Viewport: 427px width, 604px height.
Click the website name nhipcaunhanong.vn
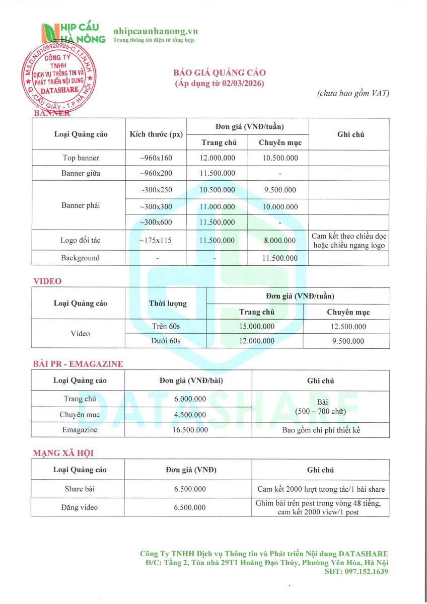(156, 31)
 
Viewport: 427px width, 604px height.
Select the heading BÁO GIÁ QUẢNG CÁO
(220, 73)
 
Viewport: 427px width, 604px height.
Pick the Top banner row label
(81, 158)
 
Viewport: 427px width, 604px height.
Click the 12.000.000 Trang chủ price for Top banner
(217, 158)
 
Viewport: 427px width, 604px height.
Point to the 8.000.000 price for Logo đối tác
(280, 241)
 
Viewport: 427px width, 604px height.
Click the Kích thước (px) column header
(156, 134)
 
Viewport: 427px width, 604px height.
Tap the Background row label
(81, 258)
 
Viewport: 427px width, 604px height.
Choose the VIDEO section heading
(47, 281)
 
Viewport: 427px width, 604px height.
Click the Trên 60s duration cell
(166, 326)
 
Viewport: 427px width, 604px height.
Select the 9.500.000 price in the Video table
(348, 341)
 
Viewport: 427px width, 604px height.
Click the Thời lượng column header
(168, 304)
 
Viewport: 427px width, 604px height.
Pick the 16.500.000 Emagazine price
(190, 430)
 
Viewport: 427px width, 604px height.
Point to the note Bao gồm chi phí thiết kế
(321, 430)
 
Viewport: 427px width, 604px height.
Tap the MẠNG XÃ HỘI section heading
(63, 453)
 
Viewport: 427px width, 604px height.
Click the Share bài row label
(80, 489)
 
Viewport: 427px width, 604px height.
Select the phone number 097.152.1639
(365, 572)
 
